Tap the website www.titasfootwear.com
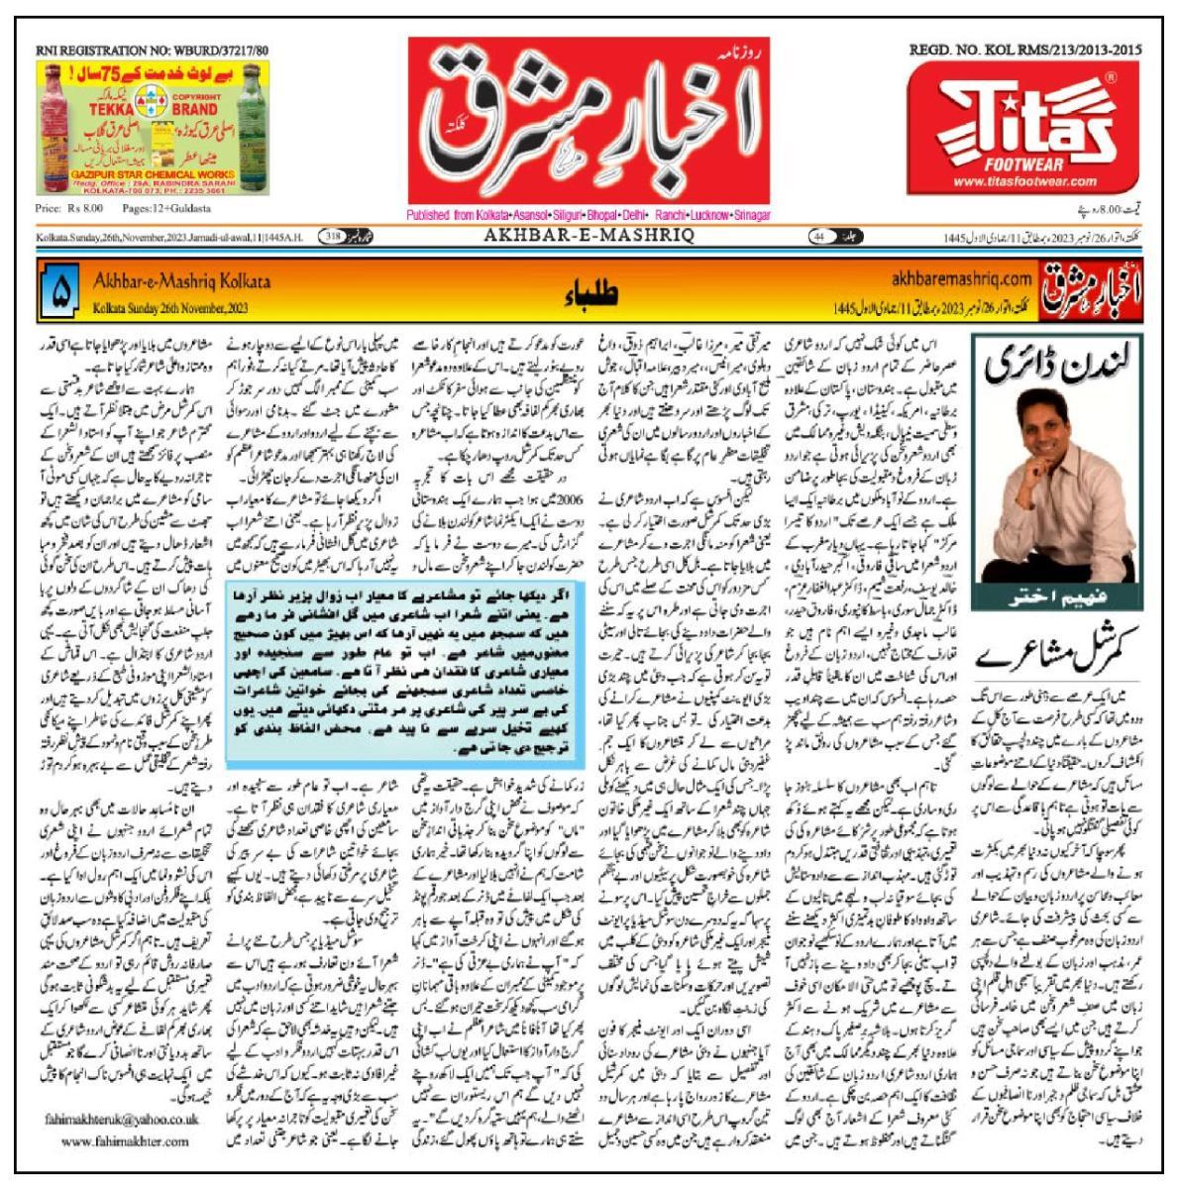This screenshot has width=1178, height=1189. pos(1025,181)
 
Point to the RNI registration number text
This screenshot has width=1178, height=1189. pos(153,50)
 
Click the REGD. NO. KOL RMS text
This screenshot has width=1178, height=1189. pos(1025,50)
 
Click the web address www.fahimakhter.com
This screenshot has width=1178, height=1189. pos(124,1140)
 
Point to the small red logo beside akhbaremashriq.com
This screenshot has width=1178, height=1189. pos(1091,291)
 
